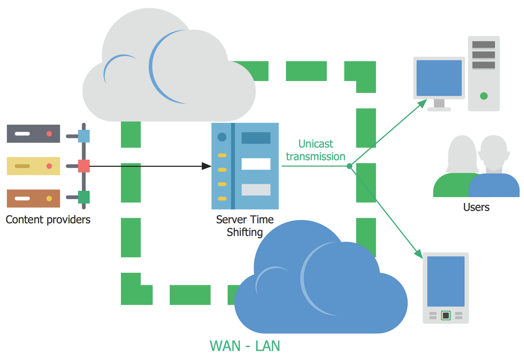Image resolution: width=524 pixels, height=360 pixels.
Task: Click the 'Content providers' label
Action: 48,220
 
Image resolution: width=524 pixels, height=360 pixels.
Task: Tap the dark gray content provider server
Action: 33,134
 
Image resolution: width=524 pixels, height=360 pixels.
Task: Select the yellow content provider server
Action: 33,166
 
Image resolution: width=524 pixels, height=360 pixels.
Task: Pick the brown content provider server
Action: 33,199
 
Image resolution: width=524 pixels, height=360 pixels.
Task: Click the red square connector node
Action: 84,166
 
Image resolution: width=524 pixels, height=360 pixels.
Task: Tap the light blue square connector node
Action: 84,136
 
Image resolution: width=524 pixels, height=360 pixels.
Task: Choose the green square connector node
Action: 84,197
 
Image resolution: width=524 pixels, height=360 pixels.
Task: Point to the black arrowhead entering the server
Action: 207,166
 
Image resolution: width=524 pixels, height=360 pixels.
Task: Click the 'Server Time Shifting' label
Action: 245,226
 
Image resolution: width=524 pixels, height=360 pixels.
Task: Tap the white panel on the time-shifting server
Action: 256,164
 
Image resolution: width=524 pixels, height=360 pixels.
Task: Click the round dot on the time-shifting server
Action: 222,137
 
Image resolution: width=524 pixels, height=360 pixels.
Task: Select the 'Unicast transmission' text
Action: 315,150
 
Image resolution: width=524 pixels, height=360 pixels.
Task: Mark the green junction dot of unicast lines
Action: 349,166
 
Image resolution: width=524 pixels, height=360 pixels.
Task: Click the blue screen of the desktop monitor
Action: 439,78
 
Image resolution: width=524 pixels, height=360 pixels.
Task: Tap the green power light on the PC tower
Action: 484,96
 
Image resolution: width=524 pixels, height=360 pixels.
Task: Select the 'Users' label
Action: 476,207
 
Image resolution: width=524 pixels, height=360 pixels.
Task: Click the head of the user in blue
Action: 494,150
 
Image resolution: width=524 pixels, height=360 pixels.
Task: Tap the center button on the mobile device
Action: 446,316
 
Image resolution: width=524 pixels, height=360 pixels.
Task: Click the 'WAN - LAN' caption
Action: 245,346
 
